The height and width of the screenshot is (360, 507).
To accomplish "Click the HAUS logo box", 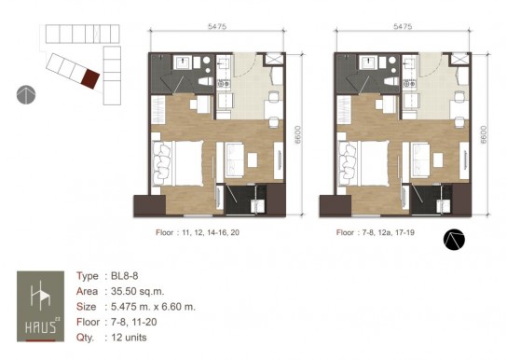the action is pyautogui.click(x=40, y=306).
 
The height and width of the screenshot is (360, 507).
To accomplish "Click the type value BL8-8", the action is pyautogui.click(x=125, y=276).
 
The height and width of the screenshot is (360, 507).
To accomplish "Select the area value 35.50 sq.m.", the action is pyautogui.click(x=137, y=291).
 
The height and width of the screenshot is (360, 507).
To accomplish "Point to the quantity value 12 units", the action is pyautogui.click(x=129, y=338).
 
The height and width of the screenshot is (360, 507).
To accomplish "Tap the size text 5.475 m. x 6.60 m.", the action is pyautogui.click(x=153, y=306).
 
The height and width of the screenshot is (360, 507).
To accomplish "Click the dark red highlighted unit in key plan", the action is pyautogui.click(x=90, y=79).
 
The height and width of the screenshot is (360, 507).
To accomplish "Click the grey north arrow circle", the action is pyautogui.click(x=26, y=95).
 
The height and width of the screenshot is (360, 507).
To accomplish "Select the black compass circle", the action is pyautogui.click(x=454, y=240).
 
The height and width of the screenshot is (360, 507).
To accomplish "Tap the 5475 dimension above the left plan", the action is pyautogui.click(x=217, y=26).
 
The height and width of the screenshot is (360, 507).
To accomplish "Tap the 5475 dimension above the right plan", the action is pyautogui.click(x=403, y=26).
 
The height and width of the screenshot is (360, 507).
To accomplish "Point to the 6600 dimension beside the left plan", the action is pyautogui.click(x=298, y=134).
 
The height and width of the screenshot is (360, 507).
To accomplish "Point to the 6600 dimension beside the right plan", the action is pyautogui.click(x=484, y=134).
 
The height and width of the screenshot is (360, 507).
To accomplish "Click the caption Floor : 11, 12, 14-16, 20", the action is pyautogui.click(x=198, y=232).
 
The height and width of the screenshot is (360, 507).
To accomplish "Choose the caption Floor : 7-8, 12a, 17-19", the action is pyautogui.click(x=376, y=232).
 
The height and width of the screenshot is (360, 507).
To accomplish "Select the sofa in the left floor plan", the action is pyautogui.click(x=235, y=160).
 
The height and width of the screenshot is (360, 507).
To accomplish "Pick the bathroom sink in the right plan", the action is pyautogui.click(x=368, y=62).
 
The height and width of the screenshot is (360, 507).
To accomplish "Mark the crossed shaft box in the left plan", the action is pyautogui.click(x=274, y=59).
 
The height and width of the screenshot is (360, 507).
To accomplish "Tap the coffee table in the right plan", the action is pyautogui.click(x=438, y=160).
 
